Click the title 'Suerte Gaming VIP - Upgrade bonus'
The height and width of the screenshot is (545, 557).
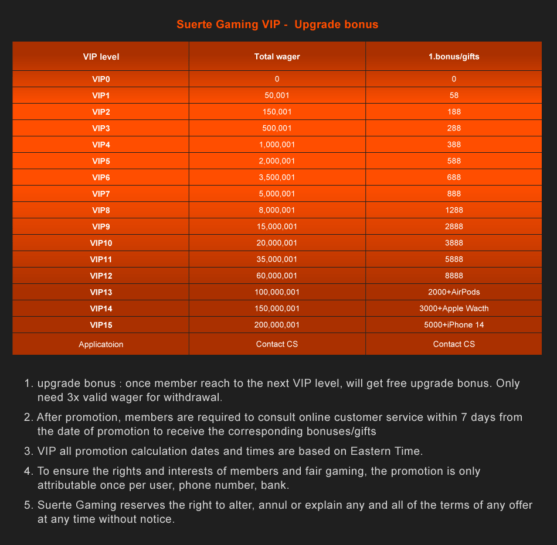point(277,25)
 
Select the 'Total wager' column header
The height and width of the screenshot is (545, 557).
point(277,57)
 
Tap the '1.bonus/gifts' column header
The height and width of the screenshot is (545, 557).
point(454,57)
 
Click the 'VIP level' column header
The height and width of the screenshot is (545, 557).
point(101,57)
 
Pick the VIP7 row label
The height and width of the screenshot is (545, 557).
point(101,194)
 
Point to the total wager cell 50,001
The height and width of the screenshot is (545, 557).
point(277,95)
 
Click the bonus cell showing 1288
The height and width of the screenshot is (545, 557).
point(454,210)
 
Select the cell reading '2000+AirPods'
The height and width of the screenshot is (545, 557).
point(454,292)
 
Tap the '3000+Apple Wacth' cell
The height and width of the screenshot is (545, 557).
point(454,309)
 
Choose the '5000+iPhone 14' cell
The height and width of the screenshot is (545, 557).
point(454,325)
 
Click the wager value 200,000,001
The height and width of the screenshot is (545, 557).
point(277,325)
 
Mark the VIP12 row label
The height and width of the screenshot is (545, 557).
point(101,276)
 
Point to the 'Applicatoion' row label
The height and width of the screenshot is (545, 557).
point(101,344)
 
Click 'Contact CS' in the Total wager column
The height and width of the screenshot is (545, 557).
point(277,344)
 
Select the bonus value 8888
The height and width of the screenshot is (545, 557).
point(454,276)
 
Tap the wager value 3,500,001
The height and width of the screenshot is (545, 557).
point(277,177)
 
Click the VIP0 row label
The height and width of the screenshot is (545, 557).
point(101,79)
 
